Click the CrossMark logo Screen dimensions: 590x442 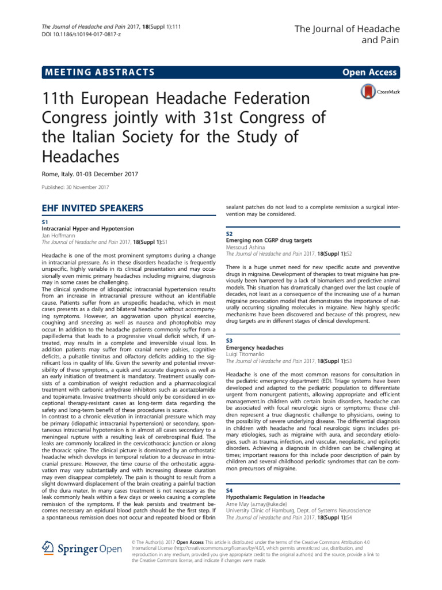click(378, 92)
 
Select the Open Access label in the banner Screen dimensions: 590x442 click(369, 72)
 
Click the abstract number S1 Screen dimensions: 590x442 click(46, 221)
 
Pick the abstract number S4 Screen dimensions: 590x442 click(229, 489)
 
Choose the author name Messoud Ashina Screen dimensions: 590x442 click(249, 247)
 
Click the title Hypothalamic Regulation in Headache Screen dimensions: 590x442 click(275, 496)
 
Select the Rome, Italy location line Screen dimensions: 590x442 click(90, 174)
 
